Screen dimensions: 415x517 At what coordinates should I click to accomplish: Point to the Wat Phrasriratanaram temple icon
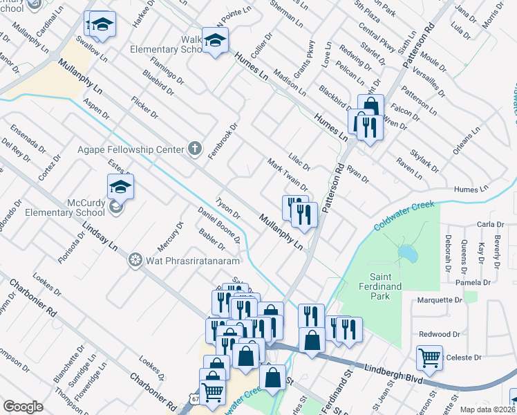pyautogui.click(x=135, y=260)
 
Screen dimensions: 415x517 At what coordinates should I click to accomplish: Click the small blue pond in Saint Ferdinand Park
pyautogui.click(x=408, y=255)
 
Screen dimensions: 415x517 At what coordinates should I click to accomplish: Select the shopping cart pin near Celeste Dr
pyautogui.click(x=429, y=358)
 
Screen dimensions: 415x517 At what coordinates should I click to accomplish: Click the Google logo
pyautogui.click(x=23, y=407)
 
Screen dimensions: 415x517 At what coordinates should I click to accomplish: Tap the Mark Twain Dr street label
pyautogui.click(x=287, y=174)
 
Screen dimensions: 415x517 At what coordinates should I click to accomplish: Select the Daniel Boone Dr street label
pyautogui.click(x=218, y=225)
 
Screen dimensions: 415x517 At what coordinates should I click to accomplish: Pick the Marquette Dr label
pyautogui.click(x=440, y=300)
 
